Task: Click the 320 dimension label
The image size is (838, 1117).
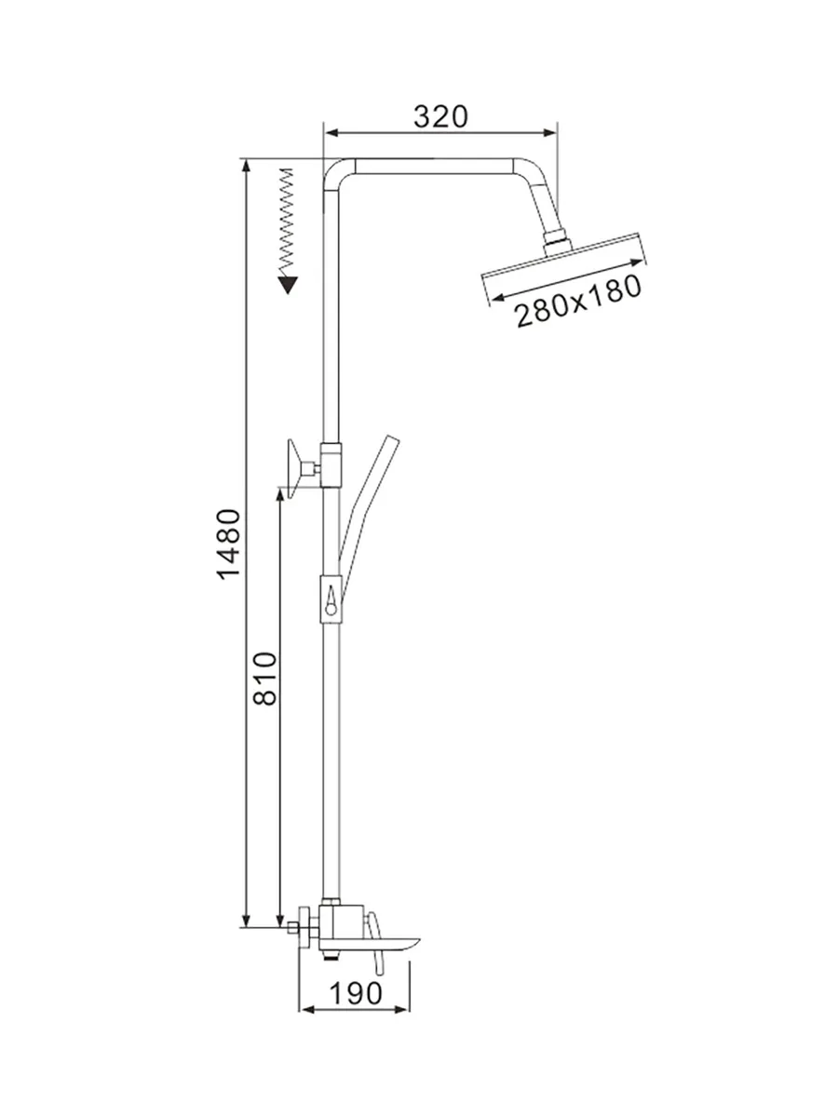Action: (440, 116)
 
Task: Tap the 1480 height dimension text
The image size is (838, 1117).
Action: (228, 544)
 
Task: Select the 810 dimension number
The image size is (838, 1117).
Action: (265, 678)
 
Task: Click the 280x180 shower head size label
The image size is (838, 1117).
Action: (578, 301)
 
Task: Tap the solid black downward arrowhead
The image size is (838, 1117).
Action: (288, 285)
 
